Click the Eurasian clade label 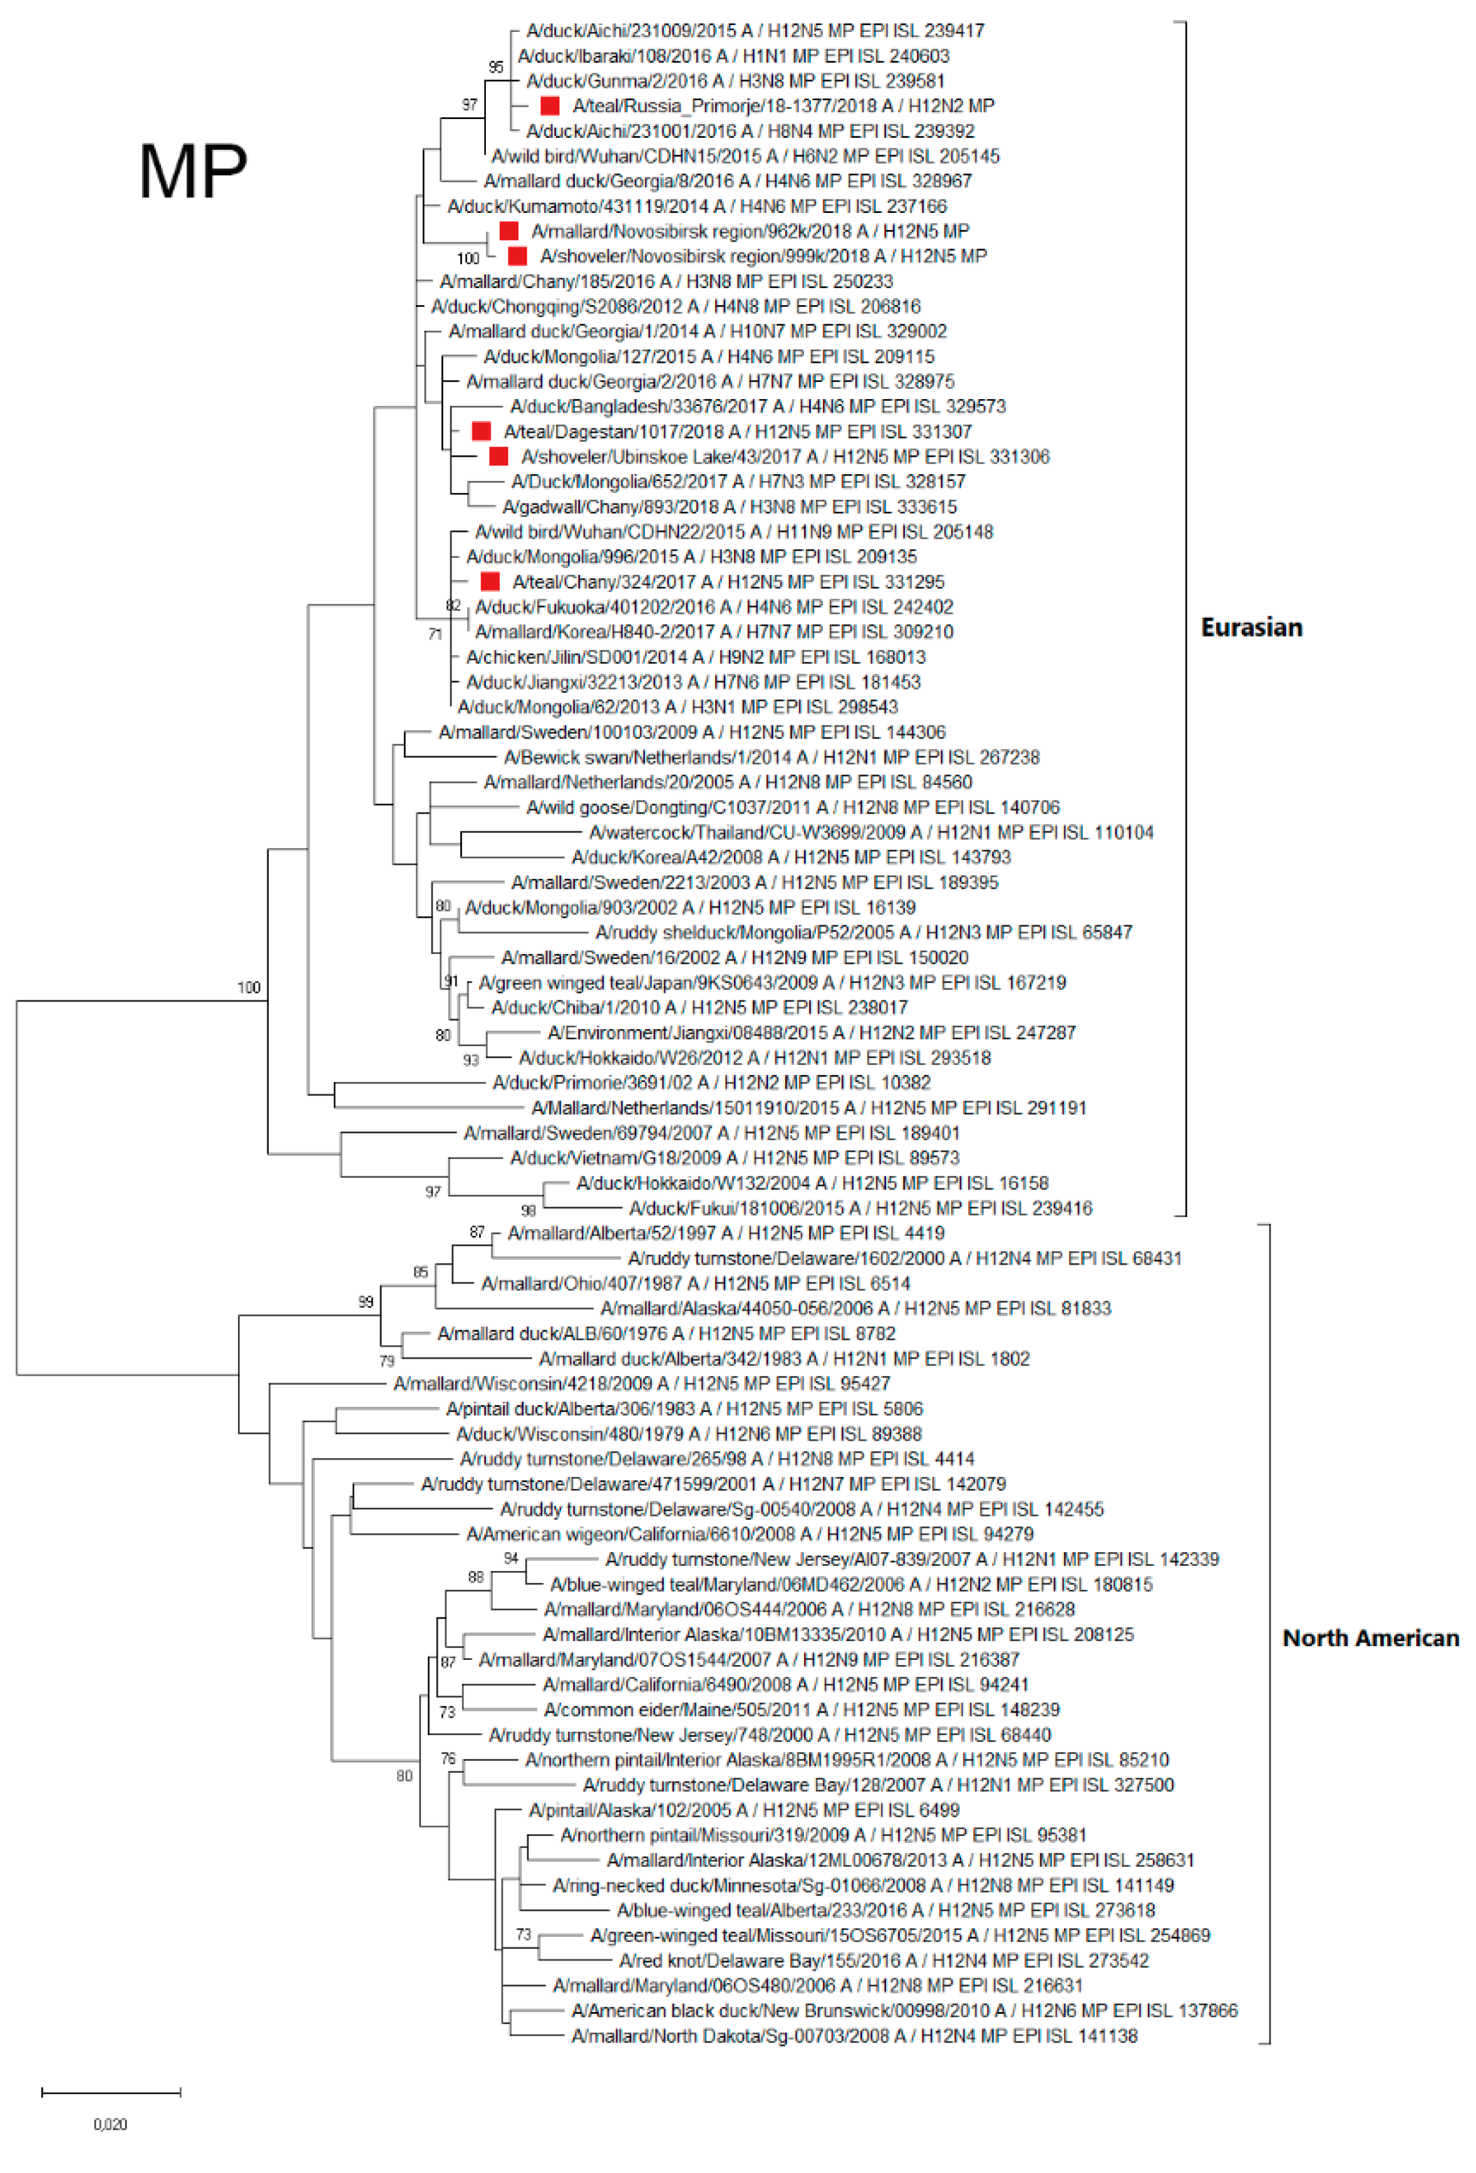1251,628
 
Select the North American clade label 1370,1637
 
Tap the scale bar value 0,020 110,2124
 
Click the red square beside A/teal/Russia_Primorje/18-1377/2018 550,106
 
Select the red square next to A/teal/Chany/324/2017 490,581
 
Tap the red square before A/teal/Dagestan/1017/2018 482,431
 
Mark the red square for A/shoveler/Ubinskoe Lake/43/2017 499,456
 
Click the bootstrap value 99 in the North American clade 366,1302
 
